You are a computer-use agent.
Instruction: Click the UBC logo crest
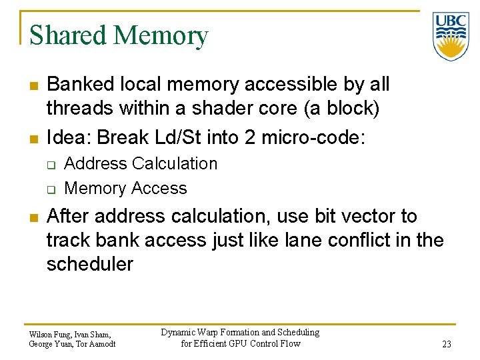(x=451, y=36)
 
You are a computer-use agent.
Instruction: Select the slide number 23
(x=446, y=344)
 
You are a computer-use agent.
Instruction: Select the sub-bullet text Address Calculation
(x=141, y=164)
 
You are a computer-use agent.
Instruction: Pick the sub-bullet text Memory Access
(x=125, y=189)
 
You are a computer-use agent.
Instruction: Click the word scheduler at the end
(x=89, y=264)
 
